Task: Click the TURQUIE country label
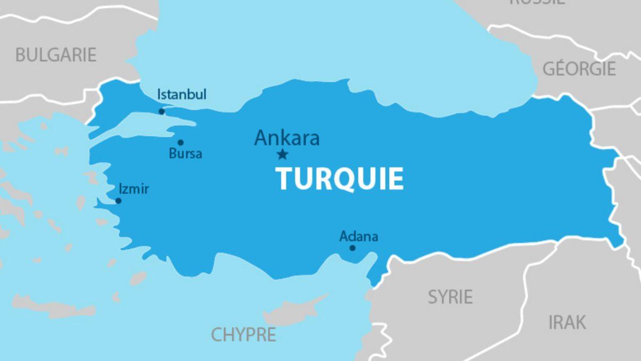coord(340,179)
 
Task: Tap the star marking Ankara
coord(282,155)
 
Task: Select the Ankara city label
coord(287,137)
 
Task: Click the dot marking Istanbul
coord(162,111)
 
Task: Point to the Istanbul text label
coord(182,95)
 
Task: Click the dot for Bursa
coord(181,142)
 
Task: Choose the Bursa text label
coord(185,154)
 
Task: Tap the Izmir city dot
coord(118,201)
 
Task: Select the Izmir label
coord(134,189)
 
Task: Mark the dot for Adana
coord(353,248)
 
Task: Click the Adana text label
coord(359,236)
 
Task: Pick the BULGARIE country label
coord(56,55)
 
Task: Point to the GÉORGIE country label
coord(579,68)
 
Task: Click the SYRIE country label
coord(450,297)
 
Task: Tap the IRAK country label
coord(567,322)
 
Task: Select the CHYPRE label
coord(244,335)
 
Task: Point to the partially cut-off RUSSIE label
coord(537,2)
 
